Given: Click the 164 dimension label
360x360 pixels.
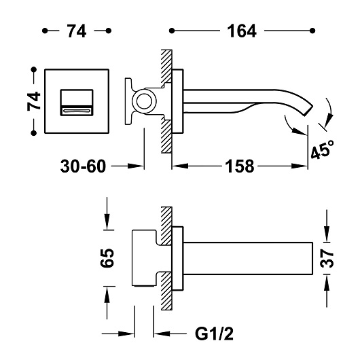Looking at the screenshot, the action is click(242, 31).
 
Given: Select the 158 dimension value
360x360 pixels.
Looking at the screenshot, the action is click(240, 166).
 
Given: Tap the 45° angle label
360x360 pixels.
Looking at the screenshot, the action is click(322, 149).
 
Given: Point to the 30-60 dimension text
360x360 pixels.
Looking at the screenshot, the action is click(83, 166).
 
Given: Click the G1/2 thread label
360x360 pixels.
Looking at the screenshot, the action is click(214, 334).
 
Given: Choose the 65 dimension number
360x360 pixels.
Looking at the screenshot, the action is click(107, 257).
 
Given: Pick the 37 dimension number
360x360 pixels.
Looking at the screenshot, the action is click(327, 258).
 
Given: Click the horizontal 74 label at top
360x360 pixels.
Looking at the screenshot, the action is click(77, 31).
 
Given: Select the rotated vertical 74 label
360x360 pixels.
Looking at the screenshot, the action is click(34, 101).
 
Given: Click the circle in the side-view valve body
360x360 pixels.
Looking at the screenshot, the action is click(145, 101).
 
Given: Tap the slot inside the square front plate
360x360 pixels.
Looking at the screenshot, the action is click(77, 111).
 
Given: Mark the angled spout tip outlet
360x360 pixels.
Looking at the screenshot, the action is click(308, 111).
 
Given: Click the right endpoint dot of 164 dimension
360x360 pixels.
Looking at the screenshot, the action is click(312, 31).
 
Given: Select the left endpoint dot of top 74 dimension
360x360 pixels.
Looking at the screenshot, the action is click(45, 31).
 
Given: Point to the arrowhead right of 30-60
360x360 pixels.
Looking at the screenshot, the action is click(136, 166).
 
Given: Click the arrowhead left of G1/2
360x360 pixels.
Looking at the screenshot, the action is click(162, 334).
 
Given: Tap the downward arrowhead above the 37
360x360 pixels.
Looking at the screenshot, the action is click(327, 234).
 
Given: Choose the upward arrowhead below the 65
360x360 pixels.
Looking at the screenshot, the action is click(107, 294).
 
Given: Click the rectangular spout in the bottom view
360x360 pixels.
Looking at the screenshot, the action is click(248, 258).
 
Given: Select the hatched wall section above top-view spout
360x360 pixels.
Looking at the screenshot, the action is click(166, 67).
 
